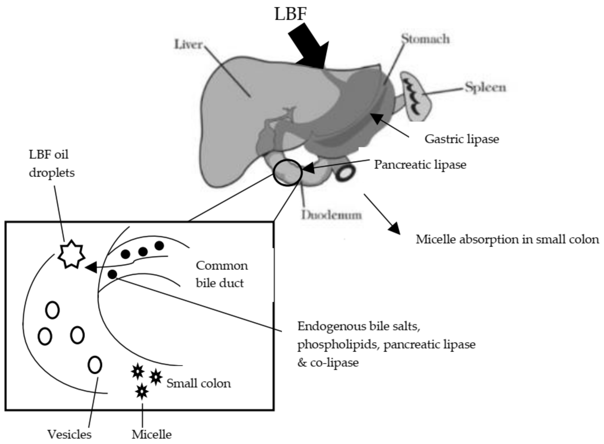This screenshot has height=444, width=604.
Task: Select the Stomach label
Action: point(425,39)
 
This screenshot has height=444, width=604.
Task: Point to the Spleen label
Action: point(485,87)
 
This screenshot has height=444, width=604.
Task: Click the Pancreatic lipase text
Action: point(420,164)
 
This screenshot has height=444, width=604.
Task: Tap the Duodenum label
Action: point(331,215)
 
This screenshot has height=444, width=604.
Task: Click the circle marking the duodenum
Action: point(288,173)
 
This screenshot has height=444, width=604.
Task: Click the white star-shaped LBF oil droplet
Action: point(71,254)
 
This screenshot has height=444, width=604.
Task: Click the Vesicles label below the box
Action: point(69,434)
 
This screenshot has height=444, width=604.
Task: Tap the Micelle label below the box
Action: point(152,434)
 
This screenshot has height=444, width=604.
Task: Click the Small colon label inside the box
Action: point(198,383)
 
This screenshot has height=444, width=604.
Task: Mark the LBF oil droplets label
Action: point(51,163)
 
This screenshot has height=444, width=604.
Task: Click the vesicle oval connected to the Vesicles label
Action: point(95,365)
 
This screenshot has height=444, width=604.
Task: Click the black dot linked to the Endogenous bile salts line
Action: point(112,274)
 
